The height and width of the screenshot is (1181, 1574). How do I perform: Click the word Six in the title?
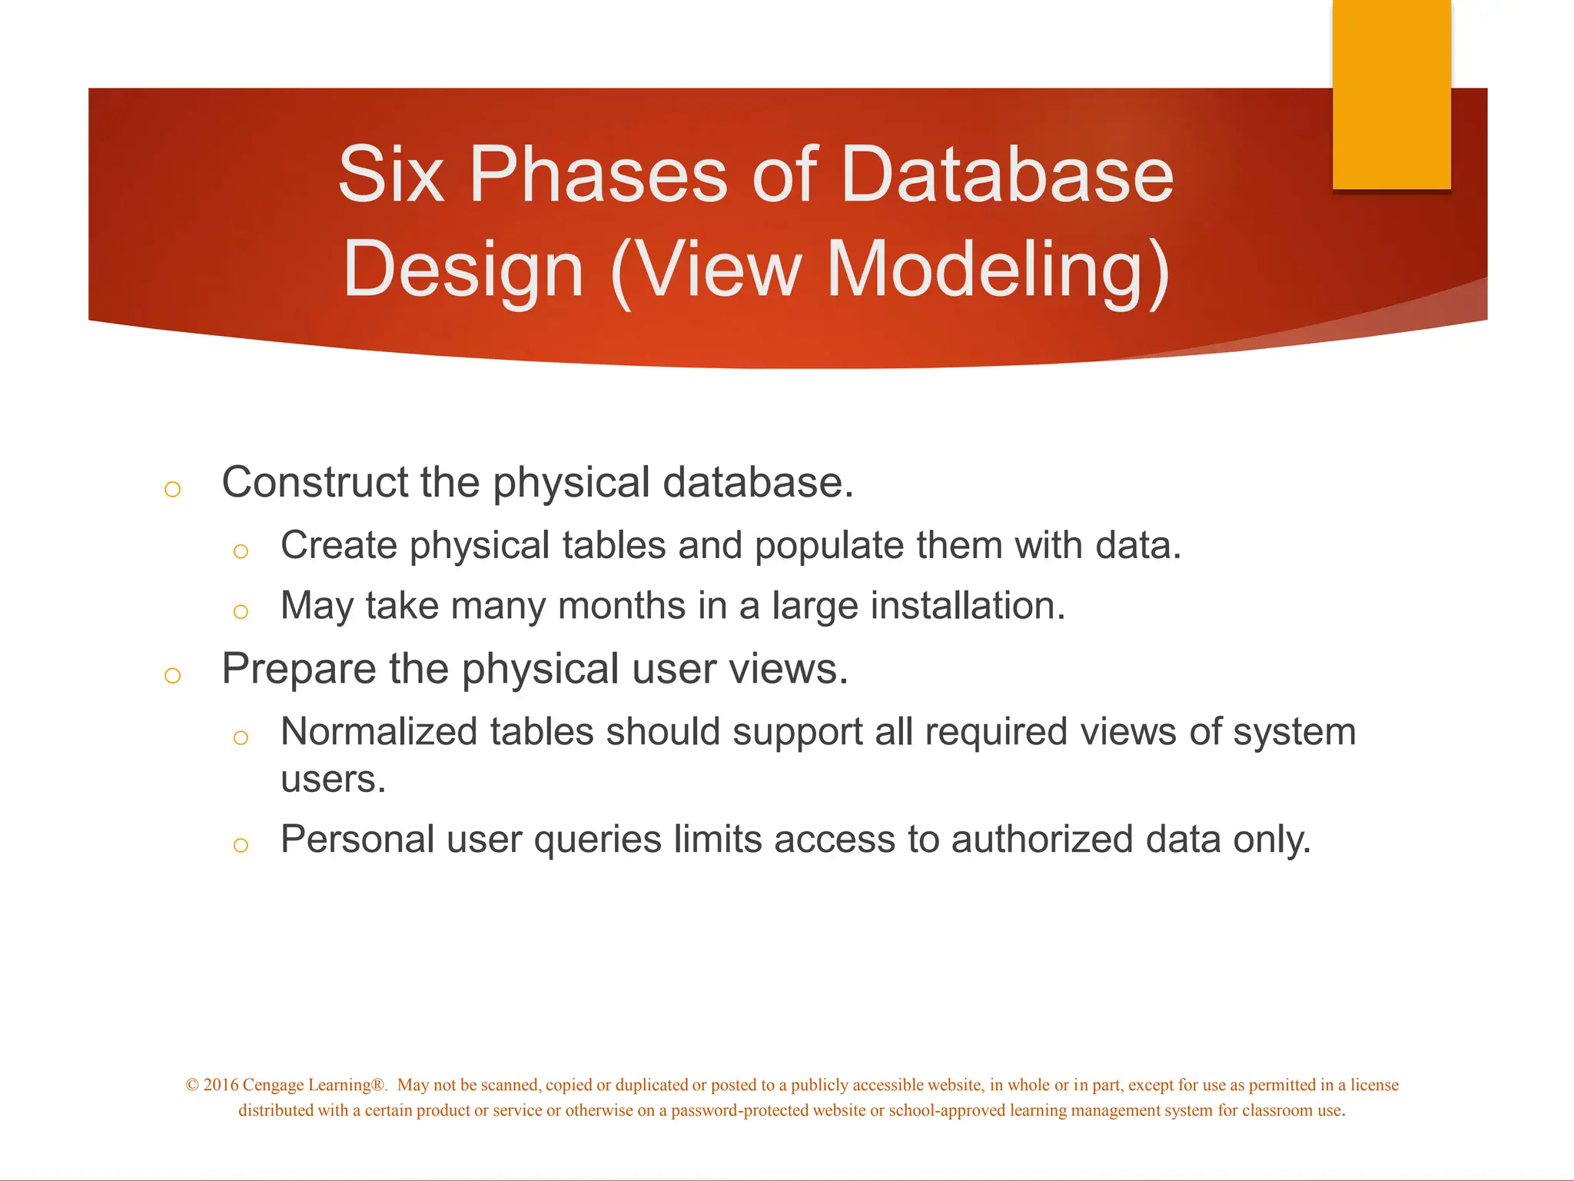pyautogui.click(x=390, y=175)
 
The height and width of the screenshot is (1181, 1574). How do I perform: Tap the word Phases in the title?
pyautogui.click(x=598, y=175)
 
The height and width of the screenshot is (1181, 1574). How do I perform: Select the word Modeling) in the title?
pyautogui.click(x=998, y=271)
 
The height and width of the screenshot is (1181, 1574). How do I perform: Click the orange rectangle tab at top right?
pyautogui.click(x=1391, y=94)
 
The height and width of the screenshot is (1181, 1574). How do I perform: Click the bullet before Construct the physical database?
pyautogui.click(x=172, y=489)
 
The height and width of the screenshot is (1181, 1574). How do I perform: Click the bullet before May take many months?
pyautogui.click(x=241, y=611)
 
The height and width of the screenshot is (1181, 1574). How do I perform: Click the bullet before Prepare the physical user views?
pyautogui.click(x=172, y=676)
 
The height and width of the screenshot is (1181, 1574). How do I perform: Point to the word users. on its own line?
pyautogui.click(x=333, y=780)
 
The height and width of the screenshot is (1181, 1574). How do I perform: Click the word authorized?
pyautogui.click(x=1041, y=839)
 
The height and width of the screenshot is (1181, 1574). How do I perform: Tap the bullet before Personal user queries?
pyautogui.click(x=241, y=845)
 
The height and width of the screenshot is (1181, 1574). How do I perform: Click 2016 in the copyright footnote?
pyautogui.click(x=221, y=1085)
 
